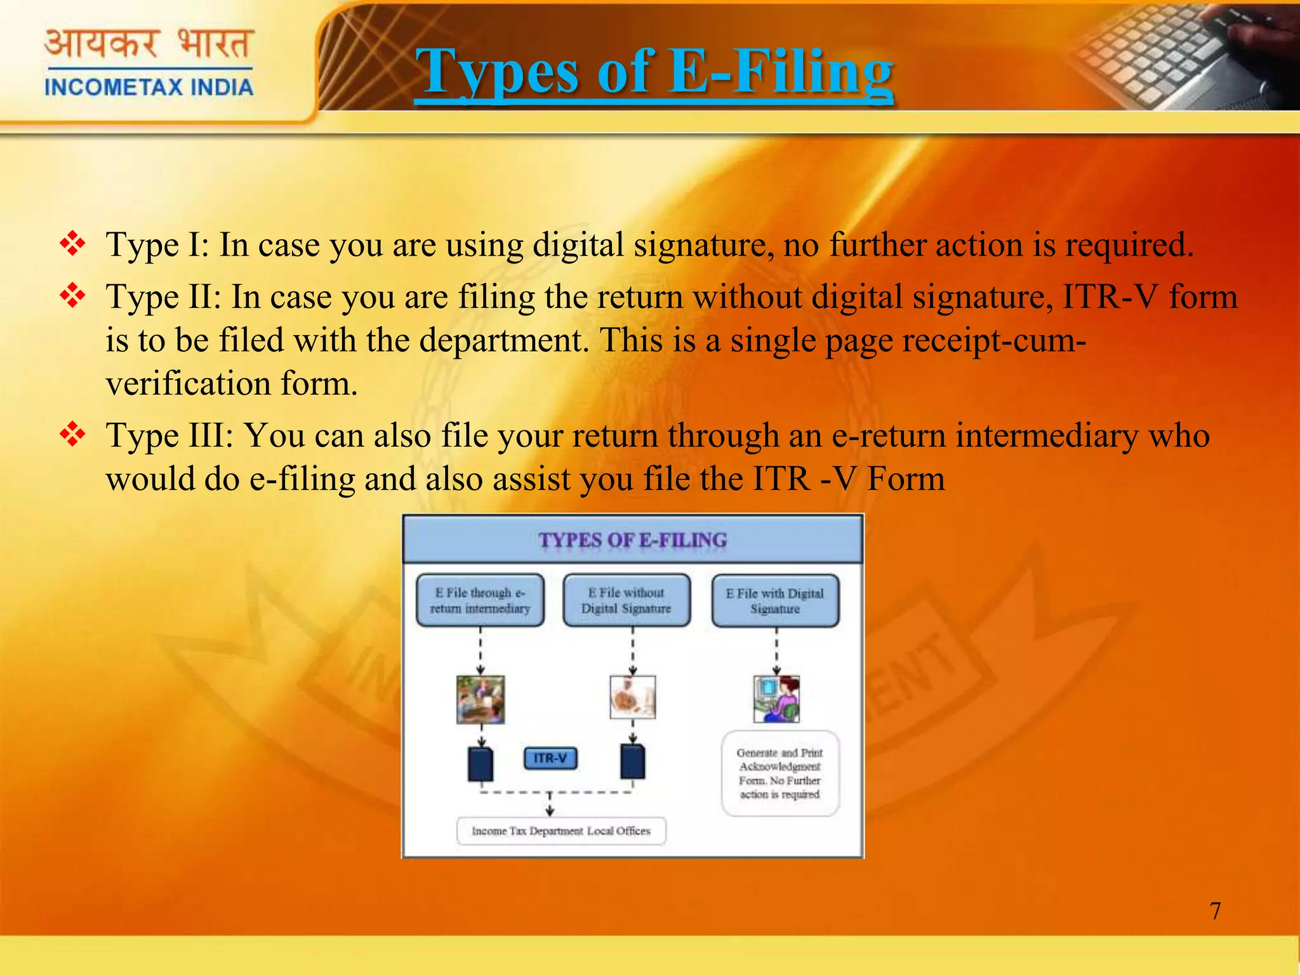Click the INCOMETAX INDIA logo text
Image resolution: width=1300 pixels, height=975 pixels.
tap(149, 87)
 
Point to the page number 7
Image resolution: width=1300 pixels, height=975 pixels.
tap(1215, 911)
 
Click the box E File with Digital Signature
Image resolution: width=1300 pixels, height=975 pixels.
tap(775, 600)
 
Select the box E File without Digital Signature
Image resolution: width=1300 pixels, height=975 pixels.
tap(627, 600)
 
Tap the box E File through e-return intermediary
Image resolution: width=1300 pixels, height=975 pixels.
tap(480, 600)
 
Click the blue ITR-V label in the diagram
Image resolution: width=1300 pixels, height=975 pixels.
tap(550, 758)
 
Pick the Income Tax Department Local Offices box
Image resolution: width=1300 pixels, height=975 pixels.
tap(561, 831)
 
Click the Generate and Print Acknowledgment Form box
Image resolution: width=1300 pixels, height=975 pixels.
tap(779, 773)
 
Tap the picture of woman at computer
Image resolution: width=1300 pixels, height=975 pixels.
tap(776, 699)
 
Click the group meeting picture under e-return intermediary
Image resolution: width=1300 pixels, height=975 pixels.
tap(481, 700)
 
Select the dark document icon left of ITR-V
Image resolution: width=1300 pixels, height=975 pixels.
tap(481, 764)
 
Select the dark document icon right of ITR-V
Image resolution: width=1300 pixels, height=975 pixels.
tap(632, 762)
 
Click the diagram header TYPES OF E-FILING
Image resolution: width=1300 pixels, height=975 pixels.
tap(632, 540)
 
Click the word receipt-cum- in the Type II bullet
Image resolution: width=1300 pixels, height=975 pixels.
tap(994, 340)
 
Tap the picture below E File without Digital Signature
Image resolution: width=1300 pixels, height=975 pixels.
tap(632, 698)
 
